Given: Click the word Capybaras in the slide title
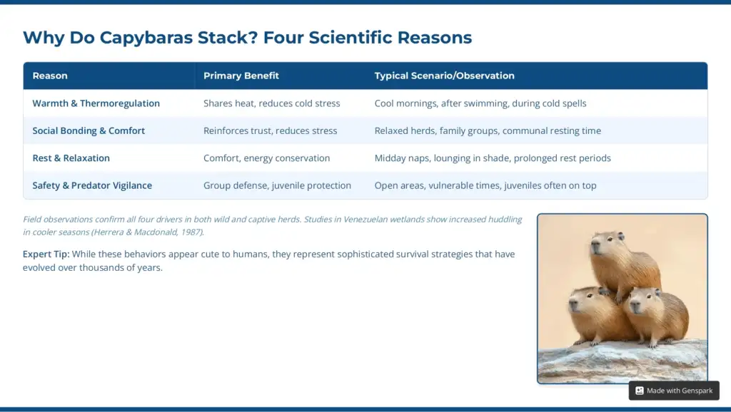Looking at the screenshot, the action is click(x=146, y=38).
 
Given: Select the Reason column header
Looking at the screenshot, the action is click(x=50, y=76).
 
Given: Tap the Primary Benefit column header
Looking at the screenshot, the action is click(x=241, y=76).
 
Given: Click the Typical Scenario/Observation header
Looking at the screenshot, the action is click(x=444, y=76).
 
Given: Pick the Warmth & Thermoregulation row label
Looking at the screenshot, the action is click(x=96, y=103).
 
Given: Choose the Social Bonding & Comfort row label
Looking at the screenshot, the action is click(x=89, y=131).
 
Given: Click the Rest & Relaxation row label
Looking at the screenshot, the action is click(x=71, y=158).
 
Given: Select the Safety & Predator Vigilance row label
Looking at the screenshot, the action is click(x=92, y=185).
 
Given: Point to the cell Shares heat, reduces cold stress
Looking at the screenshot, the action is click(x=272, y=103).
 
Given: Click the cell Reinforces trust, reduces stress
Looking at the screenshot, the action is click(x=271, y=131).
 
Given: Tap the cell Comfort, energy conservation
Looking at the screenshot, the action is click(x=267, y=158).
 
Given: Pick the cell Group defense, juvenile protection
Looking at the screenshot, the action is click(x=278, y=185).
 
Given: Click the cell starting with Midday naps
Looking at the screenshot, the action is click(x=493, y=158).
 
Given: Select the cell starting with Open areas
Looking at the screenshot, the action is click(x=485, y=185).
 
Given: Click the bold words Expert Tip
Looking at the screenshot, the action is click(x=46, y=254).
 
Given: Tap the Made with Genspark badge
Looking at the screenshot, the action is click(x=674, y=391).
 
